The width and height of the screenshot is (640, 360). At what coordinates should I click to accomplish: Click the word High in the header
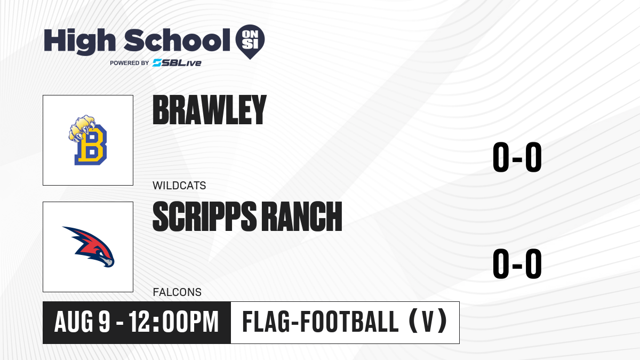pyautogui.click(x=80, y=42)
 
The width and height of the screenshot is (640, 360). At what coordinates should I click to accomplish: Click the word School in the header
pyautogui.click(x=177, y=40)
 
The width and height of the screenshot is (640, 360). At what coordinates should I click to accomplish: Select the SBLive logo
pyautogui.click(x=177, y=63)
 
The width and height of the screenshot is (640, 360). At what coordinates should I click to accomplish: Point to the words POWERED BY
pyautogui.click(x=130, y=63)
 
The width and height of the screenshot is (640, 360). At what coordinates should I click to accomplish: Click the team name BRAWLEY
pyautogui.click(x=210, y=110)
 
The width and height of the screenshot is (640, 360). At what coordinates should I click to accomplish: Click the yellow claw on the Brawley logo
pyautogui.click(x=82, y=128)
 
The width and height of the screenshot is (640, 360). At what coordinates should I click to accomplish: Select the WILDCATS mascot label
pyautogui.click(x=179, y=186)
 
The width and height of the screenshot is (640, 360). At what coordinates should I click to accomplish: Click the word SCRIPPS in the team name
pyautogui.click(x=205, y=217)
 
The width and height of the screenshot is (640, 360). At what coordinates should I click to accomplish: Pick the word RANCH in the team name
pyautogui.click(x=302, y=217)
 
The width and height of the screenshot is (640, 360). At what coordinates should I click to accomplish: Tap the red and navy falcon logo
pyautogui.click(x=89, y=247)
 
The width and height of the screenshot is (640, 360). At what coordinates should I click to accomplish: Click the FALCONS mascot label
pyautogui.click(x=177, y=292)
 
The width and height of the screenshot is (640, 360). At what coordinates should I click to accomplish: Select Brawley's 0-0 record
pyautogui.click(x=517, y=157)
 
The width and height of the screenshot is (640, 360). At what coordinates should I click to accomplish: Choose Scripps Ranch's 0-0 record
pyautogui.click(x=517, y=263)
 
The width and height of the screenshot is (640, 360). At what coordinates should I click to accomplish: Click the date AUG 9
pyautogui.click(x=82, y=322)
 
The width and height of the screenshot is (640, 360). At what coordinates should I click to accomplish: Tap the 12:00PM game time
pyautogui.click(x=174, y=322)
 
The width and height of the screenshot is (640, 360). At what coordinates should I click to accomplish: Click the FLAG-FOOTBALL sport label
pyautogui.click(x=321, y=322)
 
